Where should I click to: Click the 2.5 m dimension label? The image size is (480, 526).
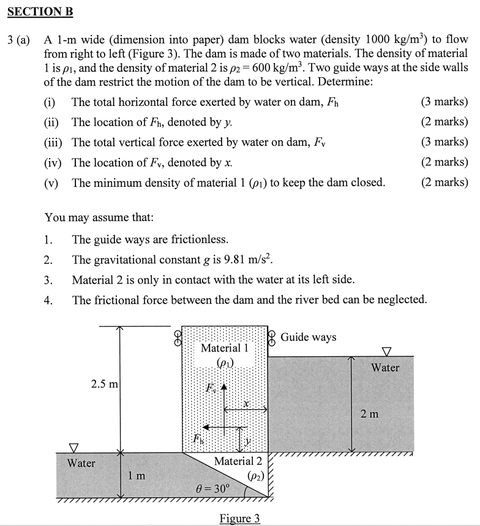point(104,385)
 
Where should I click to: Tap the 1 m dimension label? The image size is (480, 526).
point(137,475)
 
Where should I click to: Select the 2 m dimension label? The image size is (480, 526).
point(369,415)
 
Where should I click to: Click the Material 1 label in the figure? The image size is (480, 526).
point(224,348)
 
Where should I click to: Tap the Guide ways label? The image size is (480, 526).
point(308,337)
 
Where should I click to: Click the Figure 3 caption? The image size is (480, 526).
point(239,518)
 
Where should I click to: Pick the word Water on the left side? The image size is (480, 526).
point(81,463)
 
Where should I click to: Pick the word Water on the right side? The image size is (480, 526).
point(385,367)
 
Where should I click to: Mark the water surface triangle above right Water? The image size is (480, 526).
point(386,351)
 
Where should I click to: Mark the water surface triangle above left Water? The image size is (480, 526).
point(74,448)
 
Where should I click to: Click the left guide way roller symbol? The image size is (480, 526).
point(178,337)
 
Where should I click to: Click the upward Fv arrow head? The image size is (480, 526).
point(225,386)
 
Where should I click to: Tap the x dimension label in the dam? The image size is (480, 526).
point(246,404)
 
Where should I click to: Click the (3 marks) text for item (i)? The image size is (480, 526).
point(444,102)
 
